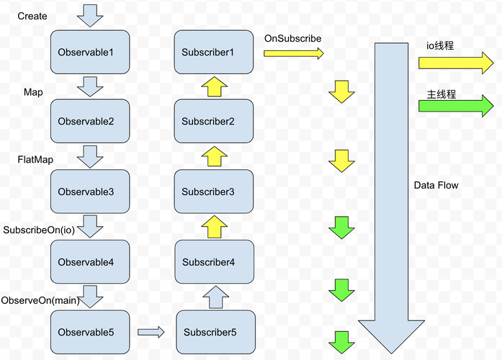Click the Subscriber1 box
click(x=214, y=53)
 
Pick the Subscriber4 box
click(x=214, y=262)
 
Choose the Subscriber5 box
click(x=215, y=332)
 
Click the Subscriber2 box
click(x=214, y=122)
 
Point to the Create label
click(x=32, y=16)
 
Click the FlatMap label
click(x=35, y=158)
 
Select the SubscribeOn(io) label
click(x=38, y=230)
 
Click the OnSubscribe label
click(x=292, y=37)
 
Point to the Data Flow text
click(x=436, y=186)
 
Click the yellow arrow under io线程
click(x=455, y=63)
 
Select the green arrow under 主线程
click(x=455, y=107)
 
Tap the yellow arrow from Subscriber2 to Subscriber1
click(x=214, y=87)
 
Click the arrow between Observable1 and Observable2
click(x=90, y=87)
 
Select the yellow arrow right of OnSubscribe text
click(x=294, y=53)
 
